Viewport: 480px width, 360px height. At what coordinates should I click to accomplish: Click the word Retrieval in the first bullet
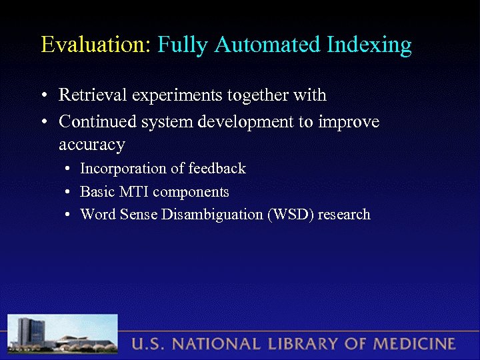(x=93, y=95)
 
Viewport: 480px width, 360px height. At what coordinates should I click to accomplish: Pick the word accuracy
(x=91, y=145)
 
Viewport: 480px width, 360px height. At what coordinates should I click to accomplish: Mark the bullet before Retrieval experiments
(x=43, y=96)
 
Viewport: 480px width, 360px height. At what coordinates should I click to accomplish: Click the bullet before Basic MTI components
(x=68, y=193)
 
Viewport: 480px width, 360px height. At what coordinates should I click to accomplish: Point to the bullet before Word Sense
(x=68, y=215)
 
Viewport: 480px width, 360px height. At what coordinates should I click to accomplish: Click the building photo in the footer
(x=63, y=334)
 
